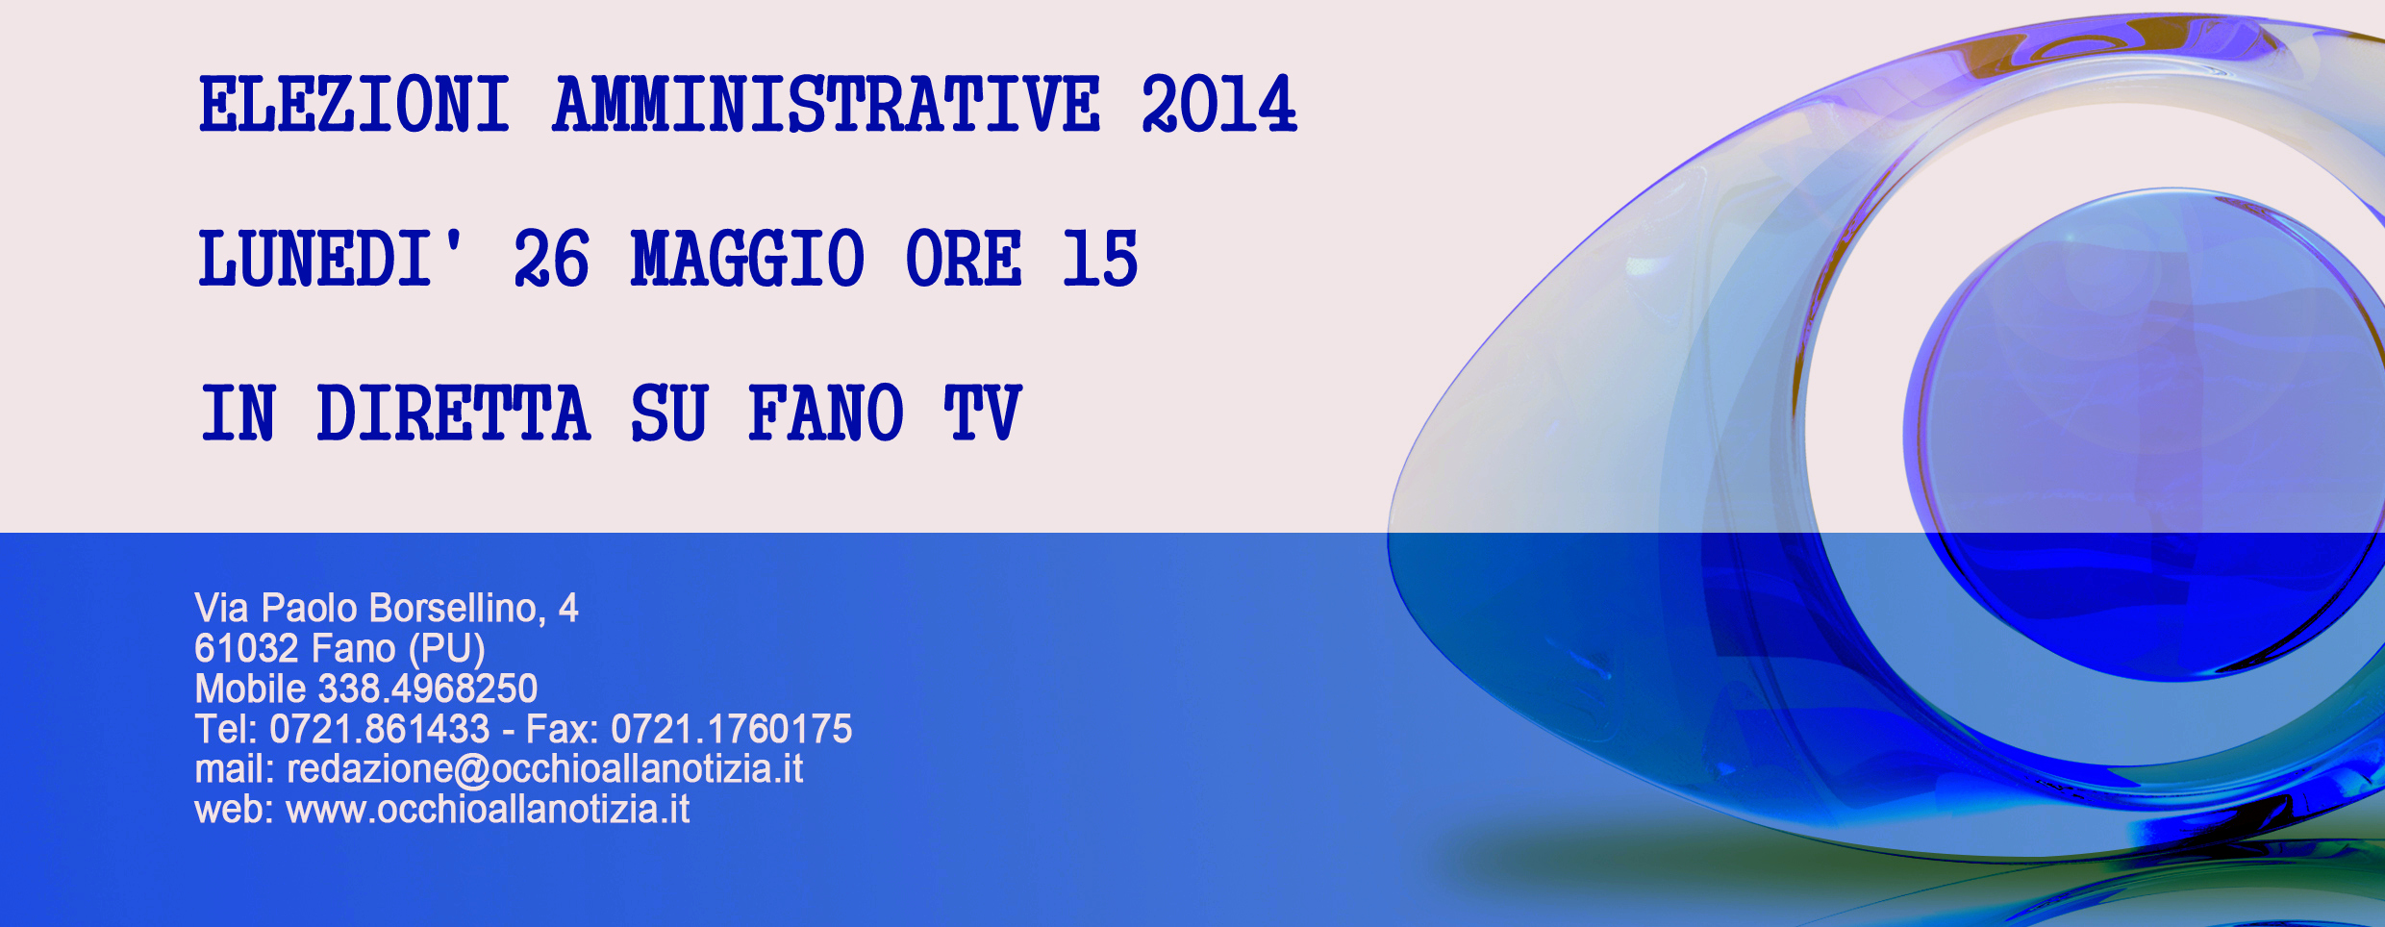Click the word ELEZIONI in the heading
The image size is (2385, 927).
[x=354, y=104]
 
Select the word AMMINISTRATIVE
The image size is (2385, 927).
[x=826, y=104]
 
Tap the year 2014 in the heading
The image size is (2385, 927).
[x=1219, y=104]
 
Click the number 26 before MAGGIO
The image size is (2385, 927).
[x=551, y=258]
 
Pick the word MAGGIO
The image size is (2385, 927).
[x=747, y=258]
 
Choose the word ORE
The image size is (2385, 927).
[x=964, y=258]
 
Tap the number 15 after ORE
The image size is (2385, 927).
[x=1100, y=258]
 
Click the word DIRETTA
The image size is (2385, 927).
[x=453, y=413]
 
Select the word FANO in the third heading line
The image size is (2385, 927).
[x=826, y=413]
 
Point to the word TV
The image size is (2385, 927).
[x=982, y=413]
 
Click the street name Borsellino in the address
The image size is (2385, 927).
[x=457, y=609]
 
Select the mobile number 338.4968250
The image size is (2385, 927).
[x=427, y=689]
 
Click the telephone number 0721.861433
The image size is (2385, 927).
[x=380, y=730]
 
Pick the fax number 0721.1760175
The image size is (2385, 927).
[x=732, y=730]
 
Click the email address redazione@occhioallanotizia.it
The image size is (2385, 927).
[x=545, y=770]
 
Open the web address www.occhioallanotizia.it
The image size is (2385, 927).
[x=489, y=811]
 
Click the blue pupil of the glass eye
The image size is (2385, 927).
[x=2145, y=433]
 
